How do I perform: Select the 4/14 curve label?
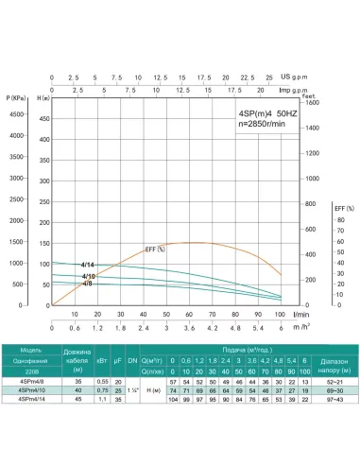click(x=88, y=265)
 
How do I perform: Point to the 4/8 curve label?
click(x=87, y=284)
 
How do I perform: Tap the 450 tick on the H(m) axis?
click(x=43, y=115)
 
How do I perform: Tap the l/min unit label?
click(x=303, y=314)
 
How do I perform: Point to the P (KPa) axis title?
click(x=14, y=97)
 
